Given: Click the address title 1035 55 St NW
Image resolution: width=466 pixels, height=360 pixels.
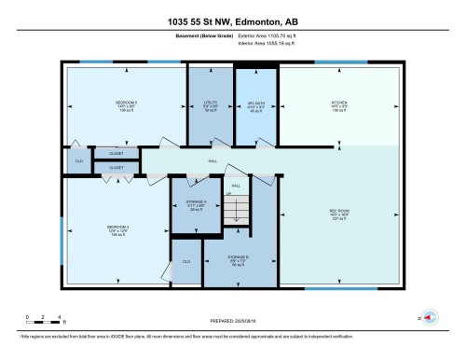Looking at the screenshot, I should click(x=233, y=20).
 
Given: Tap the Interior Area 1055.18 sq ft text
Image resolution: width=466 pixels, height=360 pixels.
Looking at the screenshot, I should click(x=272, y=44).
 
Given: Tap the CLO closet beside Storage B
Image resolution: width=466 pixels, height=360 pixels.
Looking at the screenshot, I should click(x=186, y=262).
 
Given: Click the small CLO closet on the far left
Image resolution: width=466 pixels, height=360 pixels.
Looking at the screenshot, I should click(x=78, y=161).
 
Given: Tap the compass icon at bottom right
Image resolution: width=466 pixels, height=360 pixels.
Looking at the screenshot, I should click(x=430, y=317).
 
